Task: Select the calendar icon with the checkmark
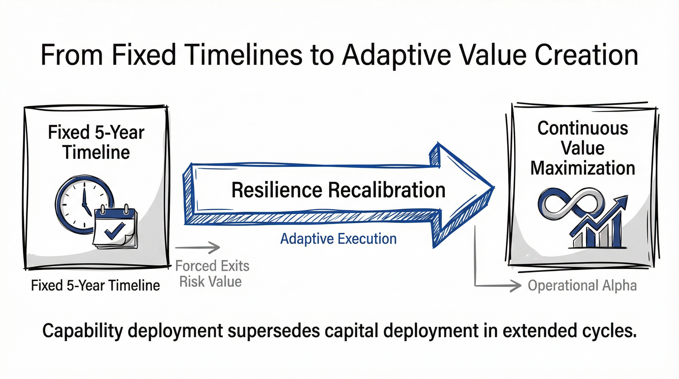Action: (x=115, y=227)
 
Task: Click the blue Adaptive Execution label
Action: (x=338, y=239)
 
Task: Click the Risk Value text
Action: (x=210, y=282)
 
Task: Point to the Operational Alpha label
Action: (x=582, y=285)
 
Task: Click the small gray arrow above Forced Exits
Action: (x=198, y=248)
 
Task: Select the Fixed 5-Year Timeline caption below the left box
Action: (x=95, y=285)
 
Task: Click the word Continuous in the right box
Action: (x=583, y=129)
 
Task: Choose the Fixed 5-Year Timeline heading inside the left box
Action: (x=96, y=142)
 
